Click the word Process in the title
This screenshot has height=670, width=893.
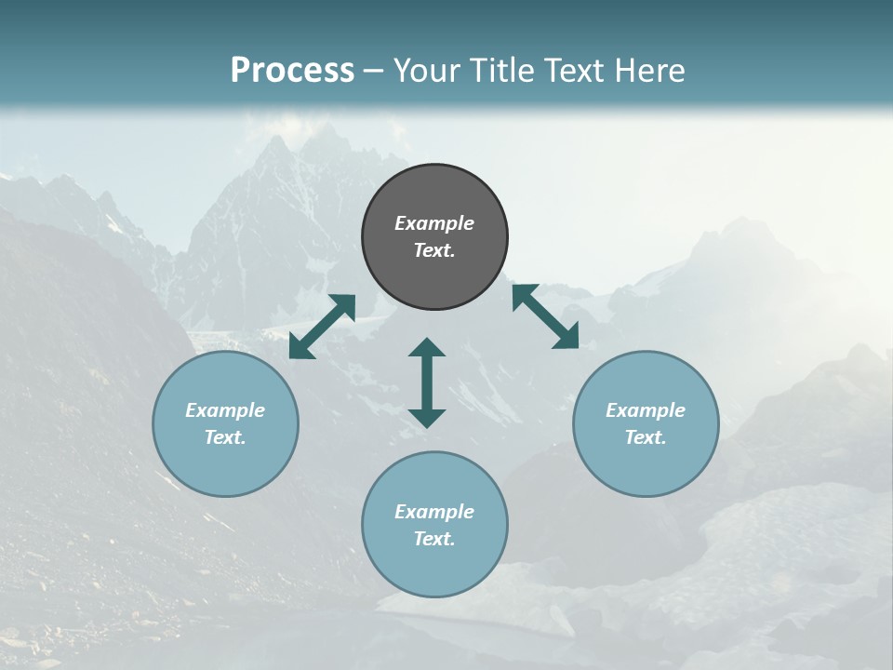click(292, 71)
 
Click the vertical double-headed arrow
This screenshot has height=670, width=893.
click(427, 382)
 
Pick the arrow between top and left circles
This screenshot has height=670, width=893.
click(322, 327)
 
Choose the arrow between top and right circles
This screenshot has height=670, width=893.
click(545, 316)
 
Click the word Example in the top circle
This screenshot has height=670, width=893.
click(434, 223)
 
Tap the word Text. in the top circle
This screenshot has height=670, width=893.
click(434, 250)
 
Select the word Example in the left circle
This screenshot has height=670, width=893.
click(225, 410)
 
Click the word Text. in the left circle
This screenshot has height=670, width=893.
click(225, 437)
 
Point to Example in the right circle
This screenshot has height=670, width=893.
click(646, 410)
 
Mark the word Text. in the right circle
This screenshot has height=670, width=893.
click(646, 437)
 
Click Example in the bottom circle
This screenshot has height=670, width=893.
click(434, 512)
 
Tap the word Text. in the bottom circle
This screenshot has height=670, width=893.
click(434, 539)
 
